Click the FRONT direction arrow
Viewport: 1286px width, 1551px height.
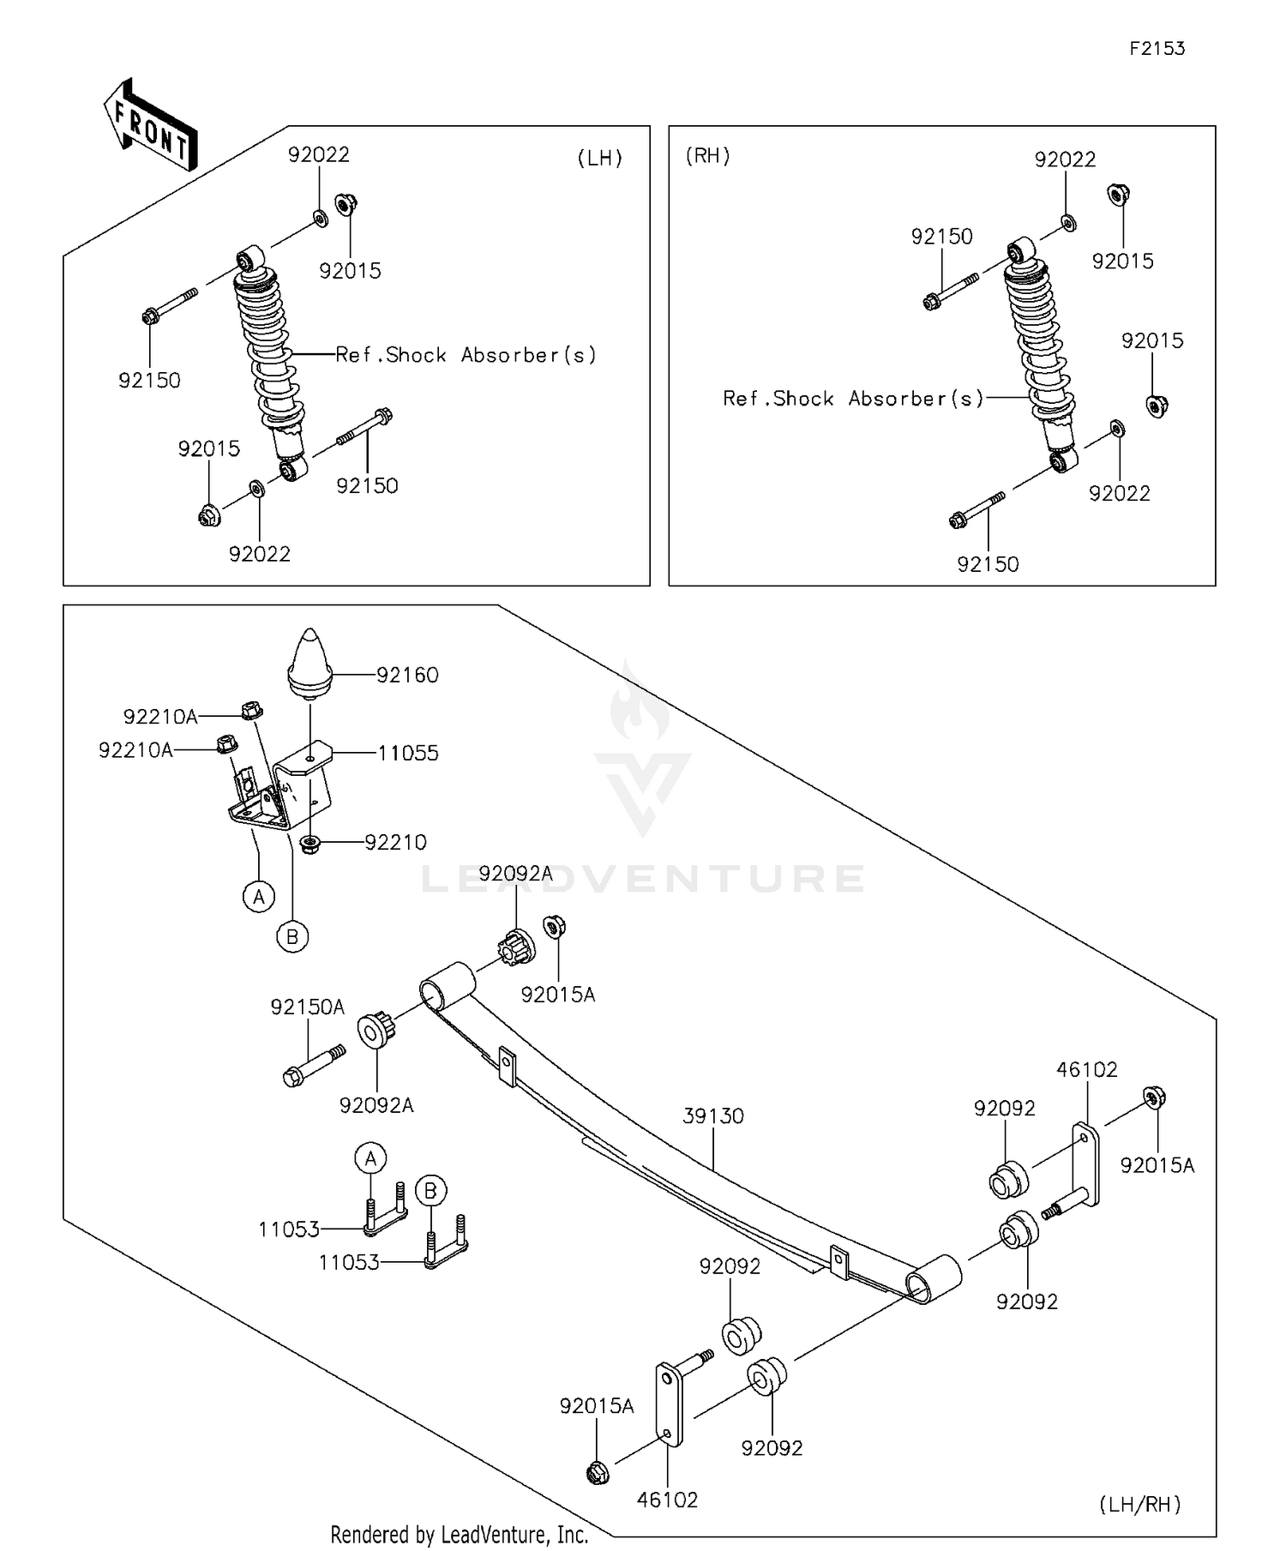tap(151, 124)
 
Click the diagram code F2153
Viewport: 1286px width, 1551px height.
tap(1157, 48)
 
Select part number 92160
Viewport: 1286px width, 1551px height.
tap(407, 675)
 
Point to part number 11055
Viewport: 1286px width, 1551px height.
tap(408, 753)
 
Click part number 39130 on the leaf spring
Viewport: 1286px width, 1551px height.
tap(713, 1115)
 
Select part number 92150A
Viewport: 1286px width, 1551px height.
tap(308, 1007)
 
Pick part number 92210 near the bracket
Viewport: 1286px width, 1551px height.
tap(396, 842)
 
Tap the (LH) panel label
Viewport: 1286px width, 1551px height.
tap(600, 158)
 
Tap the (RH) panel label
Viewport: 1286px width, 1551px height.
tap(708, 155)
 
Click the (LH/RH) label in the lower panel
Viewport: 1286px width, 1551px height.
tap(1140, 1503)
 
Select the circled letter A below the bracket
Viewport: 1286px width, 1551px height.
tap(259, 897)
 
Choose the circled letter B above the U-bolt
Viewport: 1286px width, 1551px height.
tap(431, 1191)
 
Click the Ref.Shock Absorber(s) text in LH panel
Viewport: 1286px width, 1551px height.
tap(466, 355)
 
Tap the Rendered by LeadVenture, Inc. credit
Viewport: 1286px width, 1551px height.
tap(460, 1534)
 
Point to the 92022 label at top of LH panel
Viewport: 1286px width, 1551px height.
tap(319, 154)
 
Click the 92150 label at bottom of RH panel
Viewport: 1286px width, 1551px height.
tap(988, 563)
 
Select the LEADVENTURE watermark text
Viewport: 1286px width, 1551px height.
tap(643, 878)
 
